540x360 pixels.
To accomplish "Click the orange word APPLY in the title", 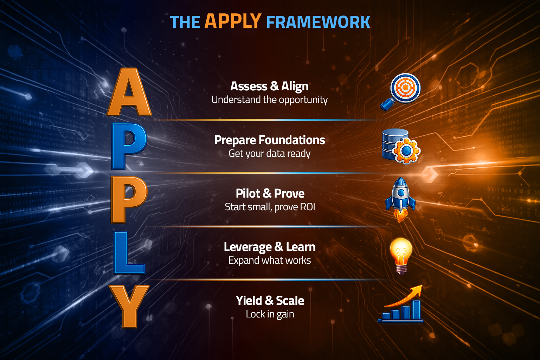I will click(x=233, y=21).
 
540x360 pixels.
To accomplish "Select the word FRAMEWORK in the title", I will click(x=318, y=22).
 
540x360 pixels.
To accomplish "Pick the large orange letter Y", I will click(x=129, y=306).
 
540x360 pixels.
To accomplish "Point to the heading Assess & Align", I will click(x=269, y=86).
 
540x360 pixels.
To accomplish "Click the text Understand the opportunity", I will click(x=269, y=100).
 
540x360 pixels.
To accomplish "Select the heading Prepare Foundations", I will click(x=270, y=140).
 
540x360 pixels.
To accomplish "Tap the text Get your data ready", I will click(x=270, y=154).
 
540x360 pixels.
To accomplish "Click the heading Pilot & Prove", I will click(x=270, y=193).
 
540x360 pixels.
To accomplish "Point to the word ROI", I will click(x=307, y=207).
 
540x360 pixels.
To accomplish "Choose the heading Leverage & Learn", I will click(x=270, y=247).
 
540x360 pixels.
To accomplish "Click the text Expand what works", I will click(x=270, y=261).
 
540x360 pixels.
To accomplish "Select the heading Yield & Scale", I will click(x=270, y=301).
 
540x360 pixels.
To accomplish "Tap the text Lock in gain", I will click(x=270, y=314).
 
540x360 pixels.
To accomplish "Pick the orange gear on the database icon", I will click(x=406, y=151).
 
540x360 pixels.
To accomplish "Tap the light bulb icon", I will click(x=401, y=255).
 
